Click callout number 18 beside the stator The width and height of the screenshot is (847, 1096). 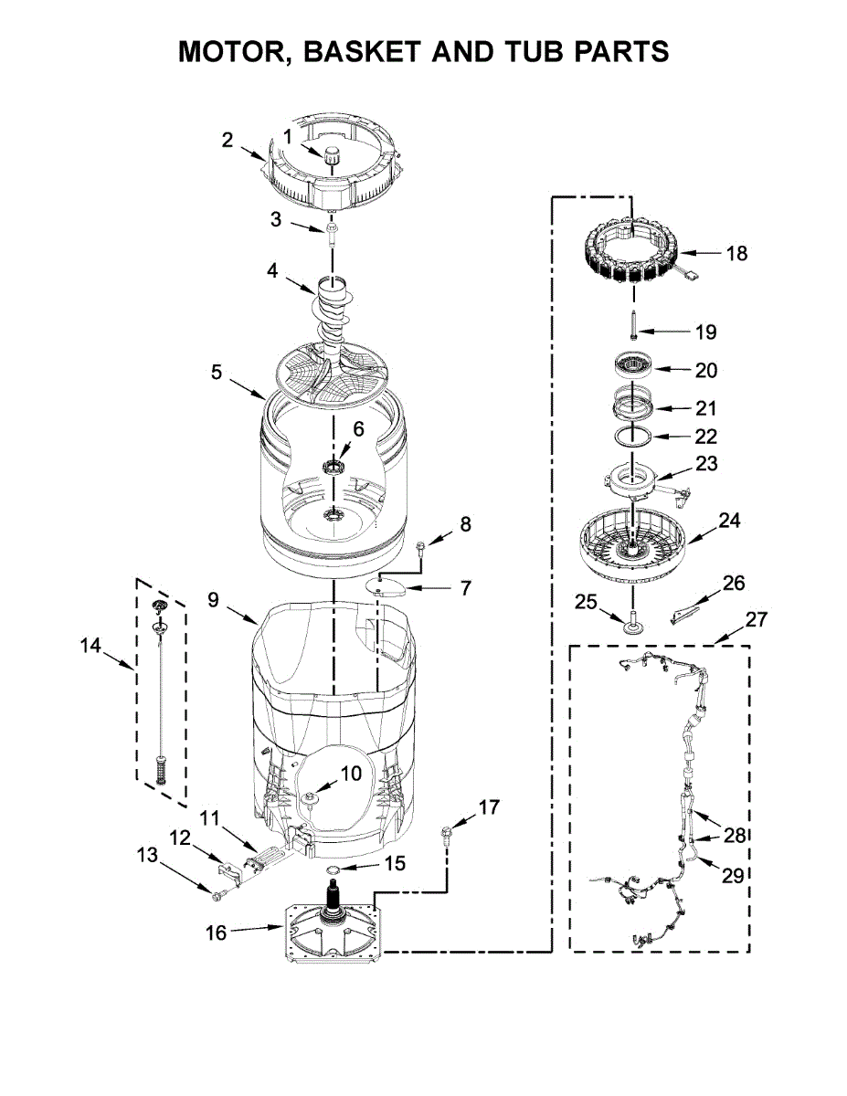(736, 253)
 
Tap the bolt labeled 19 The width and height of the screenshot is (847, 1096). (632, 325)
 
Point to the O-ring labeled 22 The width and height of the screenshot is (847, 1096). (631, 435)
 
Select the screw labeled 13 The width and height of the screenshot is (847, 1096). (219, 896)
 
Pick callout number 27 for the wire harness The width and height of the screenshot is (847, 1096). (756, 620)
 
